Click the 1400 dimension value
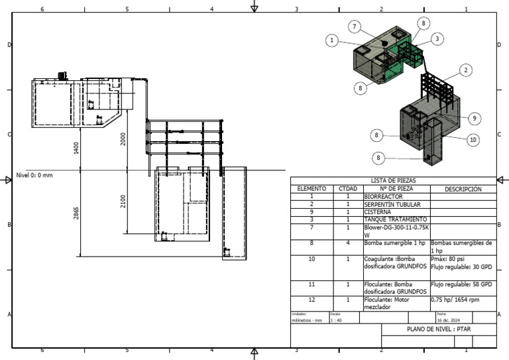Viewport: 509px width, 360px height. click(77, 148)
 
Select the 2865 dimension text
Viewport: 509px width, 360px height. click(77, 213)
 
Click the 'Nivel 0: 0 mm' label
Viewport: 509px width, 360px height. click(34, 176)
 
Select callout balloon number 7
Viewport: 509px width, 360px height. click(355, 27)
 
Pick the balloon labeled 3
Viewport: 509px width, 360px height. click(437, 39)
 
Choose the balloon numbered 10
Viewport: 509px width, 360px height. click(473, 139)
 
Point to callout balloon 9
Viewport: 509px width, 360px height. click(475, 118)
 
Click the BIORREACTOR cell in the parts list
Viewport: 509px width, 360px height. click(383, 196)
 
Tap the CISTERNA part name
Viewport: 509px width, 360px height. click(378, 211)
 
